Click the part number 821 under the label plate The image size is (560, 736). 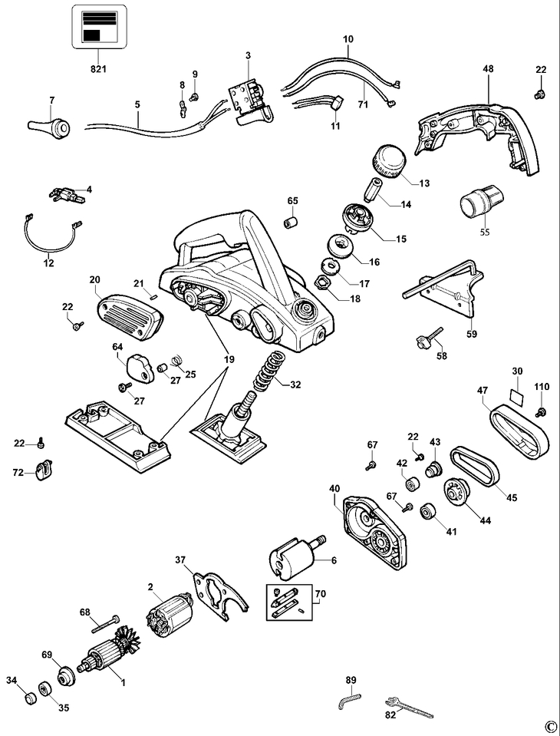coord(98,69)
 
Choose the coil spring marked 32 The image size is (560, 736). coord(270,371)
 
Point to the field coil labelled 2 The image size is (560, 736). coord(170,613)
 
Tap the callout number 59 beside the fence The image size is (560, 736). coord(472,334)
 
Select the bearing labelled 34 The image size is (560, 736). coord(31,697)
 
